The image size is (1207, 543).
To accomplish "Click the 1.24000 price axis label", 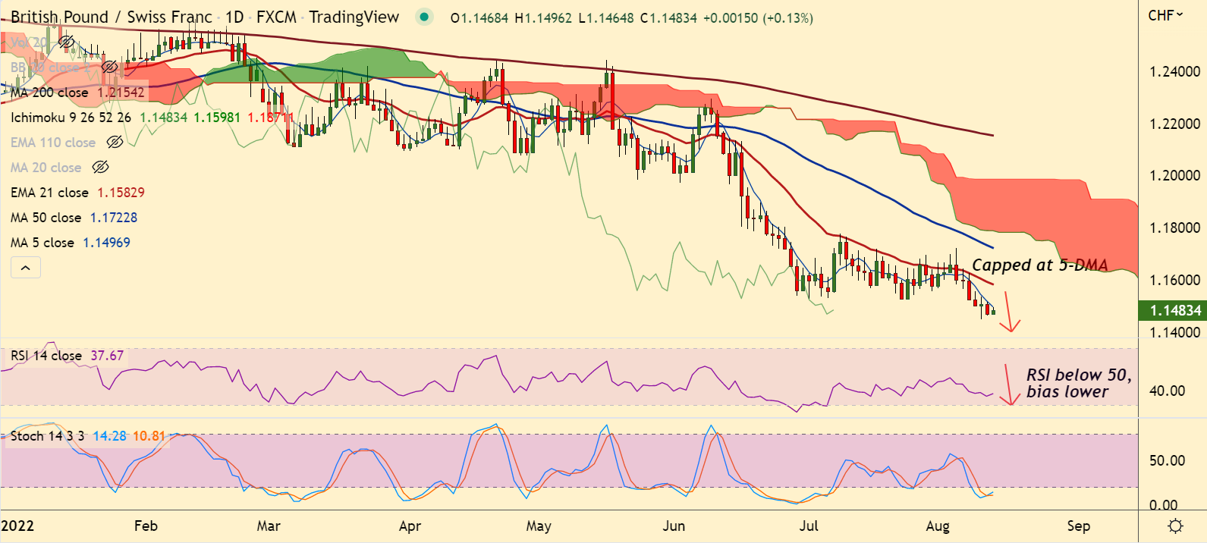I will [x=1174, y=72].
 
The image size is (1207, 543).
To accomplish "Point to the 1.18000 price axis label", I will [x=1174, y=228].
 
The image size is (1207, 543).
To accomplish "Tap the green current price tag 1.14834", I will [x=1175, y=310].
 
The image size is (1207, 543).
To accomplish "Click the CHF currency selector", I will [x=1165, y=15].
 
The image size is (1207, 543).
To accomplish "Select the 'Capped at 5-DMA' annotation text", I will [x=1039, y=265].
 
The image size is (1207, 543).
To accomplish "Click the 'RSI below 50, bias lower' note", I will [x=1078, y=383].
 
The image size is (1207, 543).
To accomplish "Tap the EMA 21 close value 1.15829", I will [x=121, y=193].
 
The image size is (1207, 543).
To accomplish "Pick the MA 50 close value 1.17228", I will [x=114, y=218].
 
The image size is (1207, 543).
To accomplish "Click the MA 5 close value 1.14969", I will [x=106, y=243].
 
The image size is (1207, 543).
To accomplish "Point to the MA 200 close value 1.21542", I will [x=121, y=93].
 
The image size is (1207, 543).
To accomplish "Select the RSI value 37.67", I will [x=107, y=356].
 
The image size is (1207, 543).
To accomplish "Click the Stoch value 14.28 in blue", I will [x=109, y=436].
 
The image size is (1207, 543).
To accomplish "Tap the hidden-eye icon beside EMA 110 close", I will [x=115, y=143].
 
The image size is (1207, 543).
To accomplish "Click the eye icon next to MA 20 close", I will [x=100, y=168].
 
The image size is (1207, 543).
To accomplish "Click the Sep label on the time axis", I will [x=1078, y=526].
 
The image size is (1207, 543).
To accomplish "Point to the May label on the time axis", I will [x=538, y=526].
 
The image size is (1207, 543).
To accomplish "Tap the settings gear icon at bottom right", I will [x=1175, y=526].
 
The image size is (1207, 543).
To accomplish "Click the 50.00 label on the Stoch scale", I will [x=1167, y=460].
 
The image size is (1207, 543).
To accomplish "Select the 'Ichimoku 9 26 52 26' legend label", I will [x=71, y=118].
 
